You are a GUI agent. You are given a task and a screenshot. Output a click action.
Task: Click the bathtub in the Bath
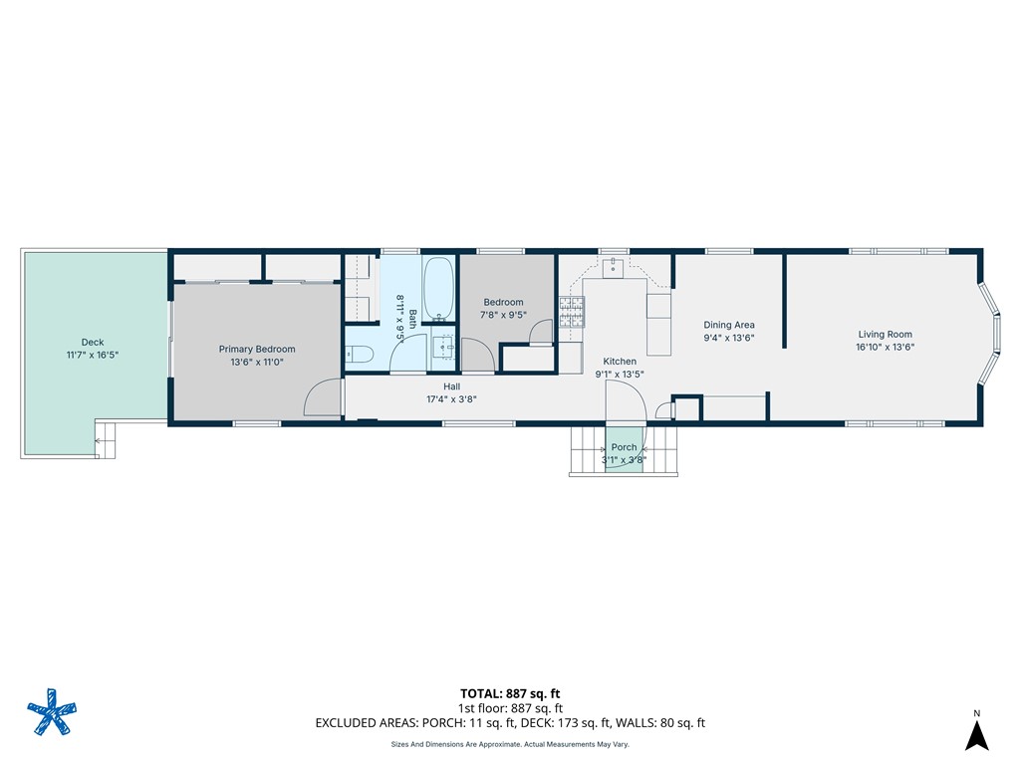(x=438, y=288)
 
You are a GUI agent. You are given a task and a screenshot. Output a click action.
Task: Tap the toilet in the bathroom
(x=358, y=353)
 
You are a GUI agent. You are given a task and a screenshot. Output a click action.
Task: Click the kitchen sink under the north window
(x=614, y=266)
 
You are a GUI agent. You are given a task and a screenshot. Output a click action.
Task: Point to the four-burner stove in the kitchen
(x=571, y=313)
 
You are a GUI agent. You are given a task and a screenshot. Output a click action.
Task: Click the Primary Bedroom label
(x=257, y=350)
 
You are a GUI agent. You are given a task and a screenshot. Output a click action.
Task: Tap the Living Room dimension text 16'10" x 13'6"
(x=886, y=348)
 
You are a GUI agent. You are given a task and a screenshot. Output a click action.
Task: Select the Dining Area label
(x=729, y=325)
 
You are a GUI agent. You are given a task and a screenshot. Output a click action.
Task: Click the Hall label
(x=451, y=386)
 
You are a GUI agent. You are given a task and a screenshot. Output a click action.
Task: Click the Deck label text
(x=92, y=343)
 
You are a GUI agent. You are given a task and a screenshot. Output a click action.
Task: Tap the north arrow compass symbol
(x=976, y=734)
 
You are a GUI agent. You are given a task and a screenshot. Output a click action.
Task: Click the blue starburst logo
(x=50, y=713)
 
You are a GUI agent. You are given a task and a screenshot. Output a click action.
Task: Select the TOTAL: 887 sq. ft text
(x=517, y=693)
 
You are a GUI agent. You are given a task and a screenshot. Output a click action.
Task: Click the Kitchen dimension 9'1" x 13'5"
(x=620, y=375)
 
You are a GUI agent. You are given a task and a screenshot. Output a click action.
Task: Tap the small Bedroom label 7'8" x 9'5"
(x=503, y=315)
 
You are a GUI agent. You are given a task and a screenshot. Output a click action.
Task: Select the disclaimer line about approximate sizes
(x=509, y=744)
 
